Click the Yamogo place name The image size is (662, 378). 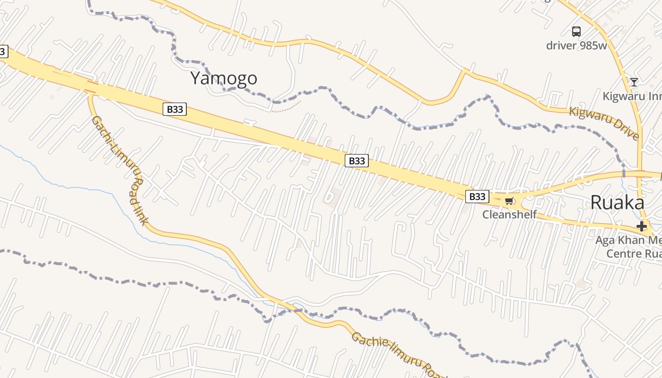pos(224,78)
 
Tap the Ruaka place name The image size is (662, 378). pos(617,203)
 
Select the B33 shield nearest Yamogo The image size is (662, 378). pos(174,109)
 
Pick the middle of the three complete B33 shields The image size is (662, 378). pos(357,161)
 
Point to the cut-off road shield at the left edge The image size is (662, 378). pos(3,52)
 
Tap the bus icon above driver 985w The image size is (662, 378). pos(576,32)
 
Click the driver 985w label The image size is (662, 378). pos(576,46)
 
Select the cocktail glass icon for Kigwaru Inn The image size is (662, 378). pos(634,82)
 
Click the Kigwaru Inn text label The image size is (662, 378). pos(632,96)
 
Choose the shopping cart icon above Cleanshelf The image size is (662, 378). pos(509,201)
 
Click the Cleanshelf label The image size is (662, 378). pos(509,215)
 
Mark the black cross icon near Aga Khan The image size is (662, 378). pos(641,226)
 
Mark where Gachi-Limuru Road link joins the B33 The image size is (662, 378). pos(89,91)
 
